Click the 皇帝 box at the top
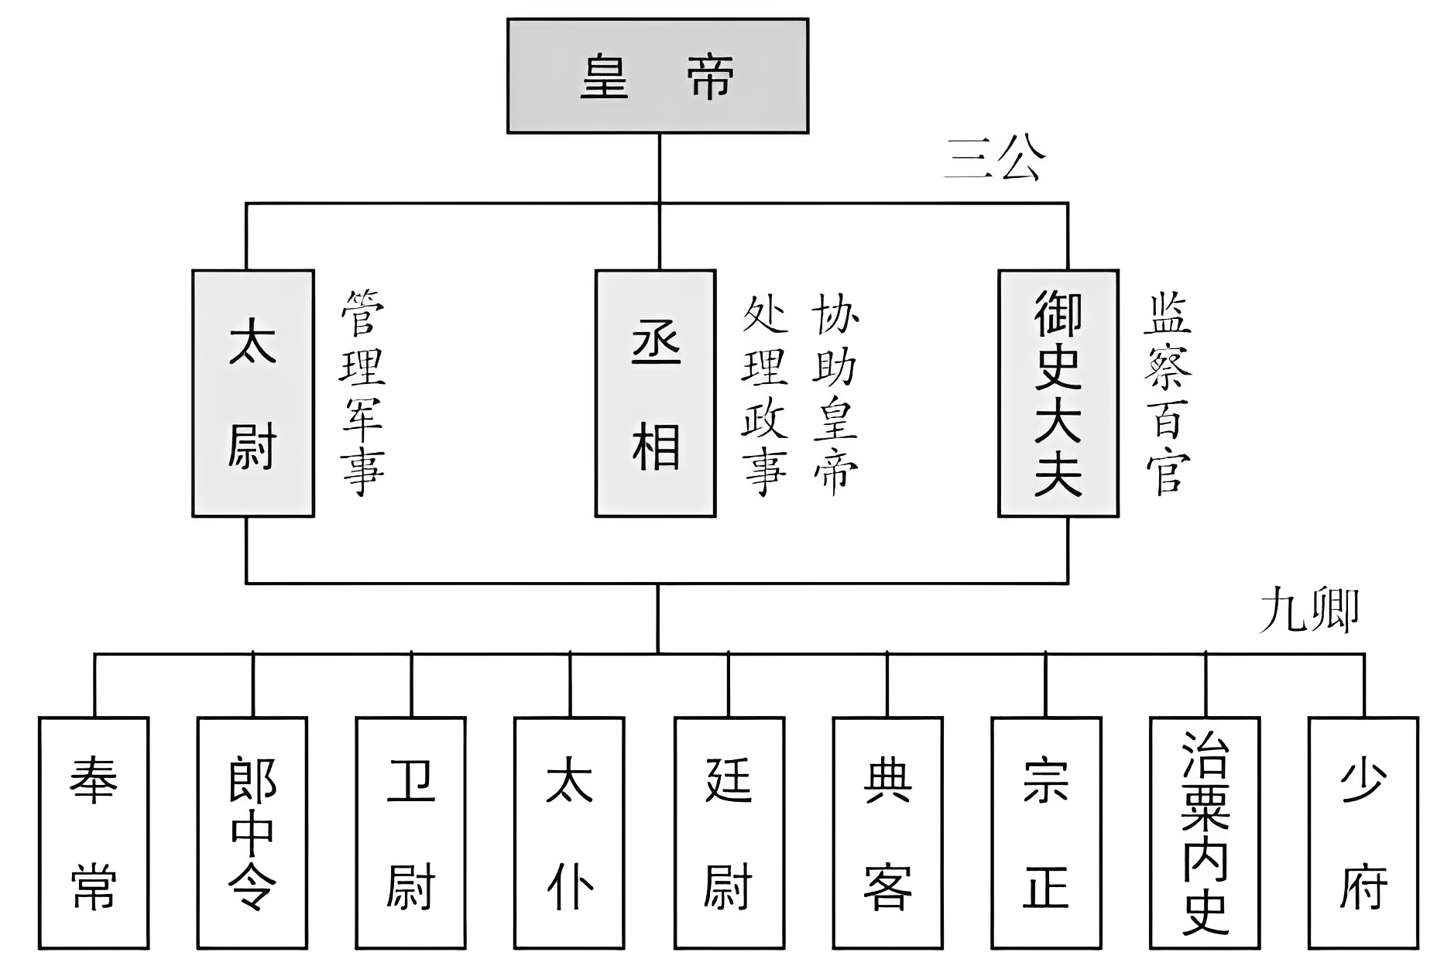pos(657,76)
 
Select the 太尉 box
pos(253,393)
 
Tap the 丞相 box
pos(655,393)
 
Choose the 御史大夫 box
pos(1058,393)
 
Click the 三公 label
pos(995,160)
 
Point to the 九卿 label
pos(1308,611)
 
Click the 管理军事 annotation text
pos(362,393)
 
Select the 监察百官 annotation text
pos(1168,393)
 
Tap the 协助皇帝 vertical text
pos(835,393)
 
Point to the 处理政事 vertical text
pos(765,393)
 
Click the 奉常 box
pos(94,833)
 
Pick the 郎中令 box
pos(252,833)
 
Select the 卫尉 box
pos(410,833)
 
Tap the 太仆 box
pos(569,833)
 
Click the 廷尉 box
pos(729,833)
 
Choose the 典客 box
pos(887,833)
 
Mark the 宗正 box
pos(1046,833)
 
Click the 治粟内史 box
pos(1205,833)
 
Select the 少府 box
pos(1363,833)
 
